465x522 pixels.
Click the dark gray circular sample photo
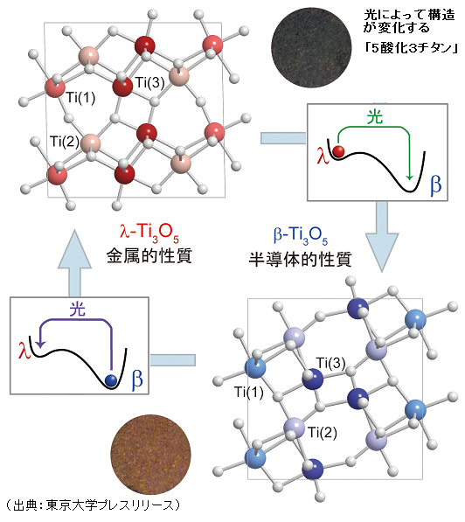pyautogui.click(x=311, y=47)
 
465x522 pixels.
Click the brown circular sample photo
pyautogui.click(x=151, y=455)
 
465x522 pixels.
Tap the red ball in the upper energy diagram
pyautogui.click(x=339, y=151)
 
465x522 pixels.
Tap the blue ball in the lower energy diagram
pyautogui.click(x=110, y=379)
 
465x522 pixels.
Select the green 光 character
pyautogui.click(x=375, y=117)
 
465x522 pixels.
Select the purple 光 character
pyautogui.click(x=78, y=310)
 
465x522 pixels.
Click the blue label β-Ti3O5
pyautogui.click(x=301, y=235)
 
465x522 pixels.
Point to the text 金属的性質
pyautogui.click(x=149, y=256)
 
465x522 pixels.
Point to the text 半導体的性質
pyautogui.click(x=300, y=260)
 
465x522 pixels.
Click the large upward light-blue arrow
pyautogui.click(x=74, y=262)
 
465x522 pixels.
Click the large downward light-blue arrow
pyautogui.click(x=382, y=236)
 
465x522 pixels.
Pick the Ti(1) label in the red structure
pyautogui.click(x=80, y=98)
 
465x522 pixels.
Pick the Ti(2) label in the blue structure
pyautogui.click(x=323, y=432)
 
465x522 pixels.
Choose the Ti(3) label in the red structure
pyautogui.click(x=149, y=82)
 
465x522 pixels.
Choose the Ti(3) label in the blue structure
pyautogui.click(x=330, y=363)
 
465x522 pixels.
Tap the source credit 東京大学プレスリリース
pyautogui.click(x=110, y=505)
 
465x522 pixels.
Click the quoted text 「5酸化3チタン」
pyautogui.click(x=411, y=48)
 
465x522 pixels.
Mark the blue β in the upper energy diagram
pyautogui.click(x=435, y=184)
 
